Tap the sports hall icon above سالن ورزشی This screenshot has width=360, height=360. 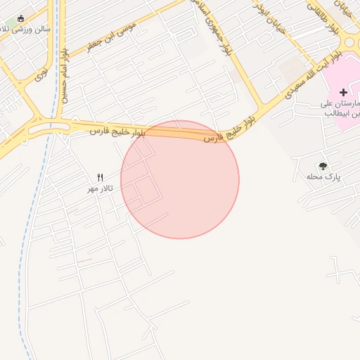[20, 18]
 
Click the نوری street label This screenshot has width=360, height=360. [42, 72]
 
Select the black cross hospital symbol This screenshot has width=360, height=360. [343, 92]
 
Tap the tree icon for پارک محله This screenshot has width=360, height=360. [323, 166]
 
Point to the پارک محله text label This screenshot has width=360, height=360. [323, 177]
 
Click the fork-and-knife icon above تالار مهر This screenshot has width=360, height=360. [100, 177]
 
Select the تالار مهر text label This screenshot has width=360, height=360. [100, 189]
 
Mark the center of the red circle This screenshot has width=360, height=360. [180, 179]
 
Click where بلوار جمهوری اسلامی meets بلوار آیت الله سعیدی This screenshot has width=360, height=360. [259, 109]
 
